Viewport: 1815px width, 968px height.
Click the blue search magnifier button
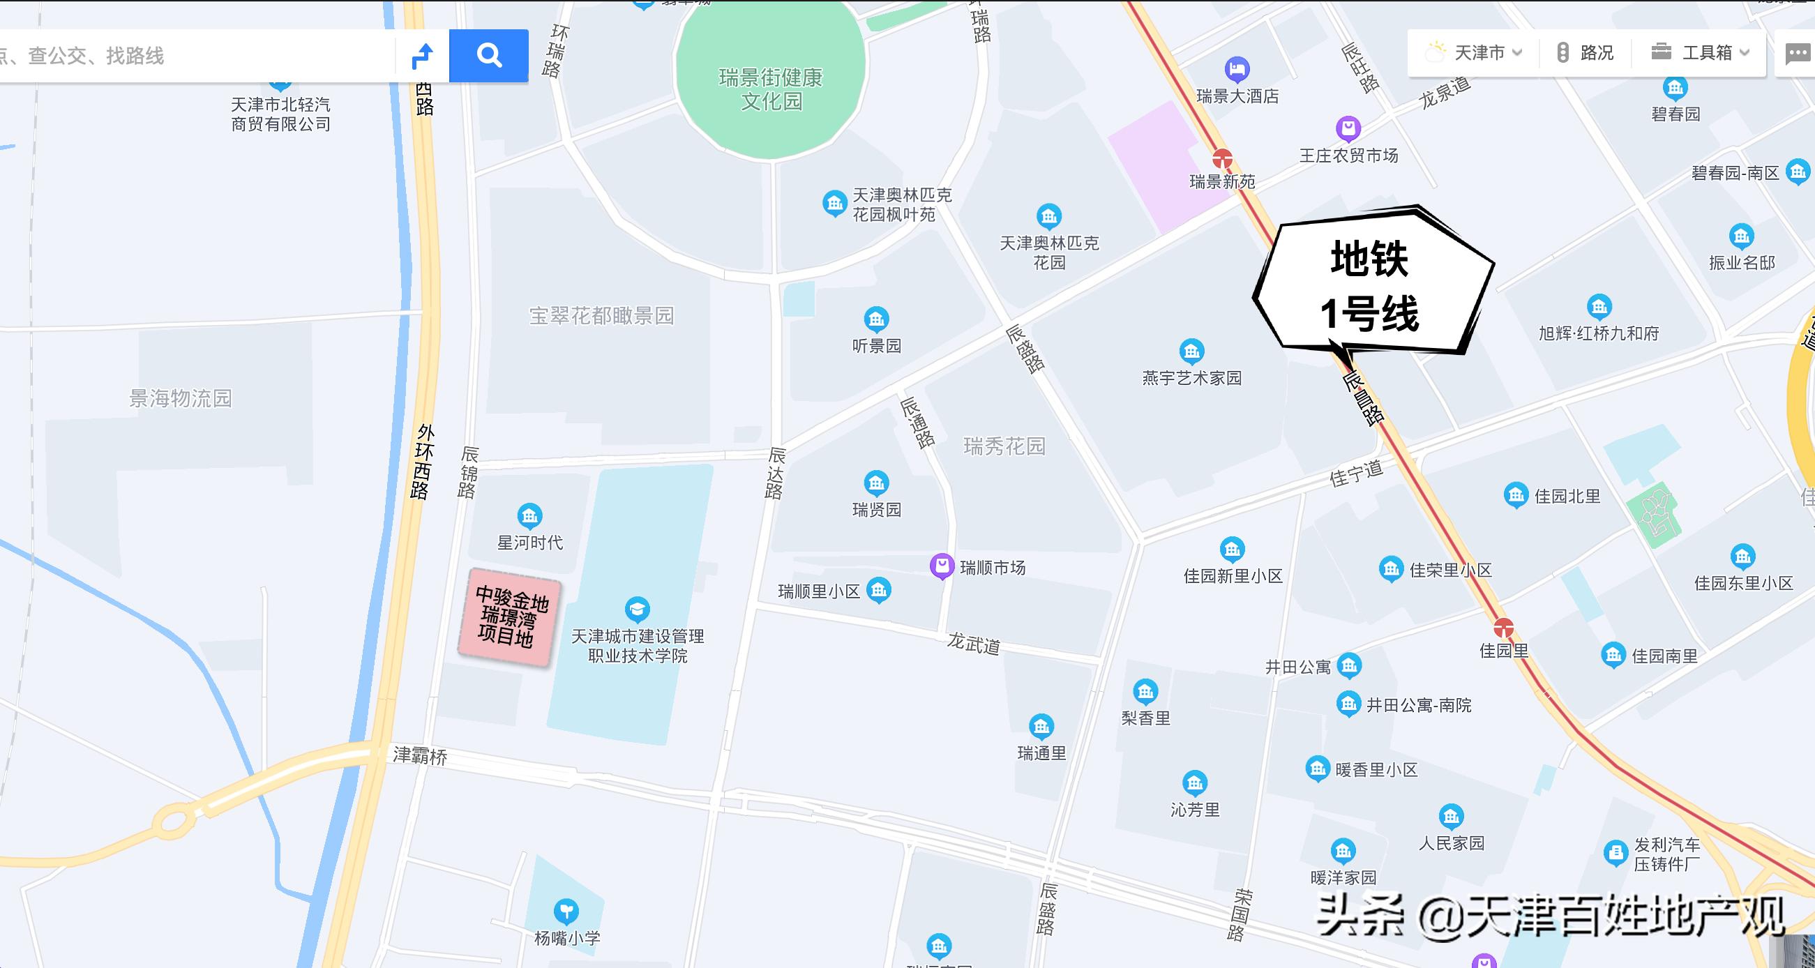(x=488, y=55)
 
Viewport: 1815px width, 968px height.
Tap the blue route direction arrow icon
(x=422, y=55)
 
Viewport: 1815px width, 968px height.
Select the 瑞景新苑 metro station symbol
(x=1223, y=158)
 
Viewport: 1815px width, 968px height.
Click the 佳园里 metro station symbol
(x=1504, y=627)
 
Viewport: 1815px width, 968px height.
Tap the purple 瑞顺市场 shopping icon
(x=941, y=566)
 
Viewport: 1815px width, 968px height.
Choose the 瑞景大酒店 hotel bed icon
(x=1237, y=69)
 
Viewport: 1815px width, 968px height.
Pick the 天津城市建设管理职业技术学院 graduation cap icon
(x=637, y=609)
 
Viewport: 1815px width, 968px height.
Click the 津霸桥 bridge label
(x=420, y=756)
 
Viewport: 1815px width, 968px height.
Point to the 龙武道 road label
(x=973, y=643)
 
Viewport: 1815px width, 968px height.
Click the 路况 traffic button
(x=1586, y=53)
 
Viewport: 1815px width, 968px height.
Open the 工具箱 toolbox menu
(x=1699, y=53)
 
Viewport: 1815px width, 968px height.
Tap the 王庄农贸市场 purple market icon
(x=1348, y=128)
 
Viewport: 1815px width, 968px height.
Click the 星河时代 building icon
(x=529, y=515)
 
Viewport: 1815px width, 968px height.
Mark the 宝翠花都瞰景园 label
(x=602, y=316)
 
